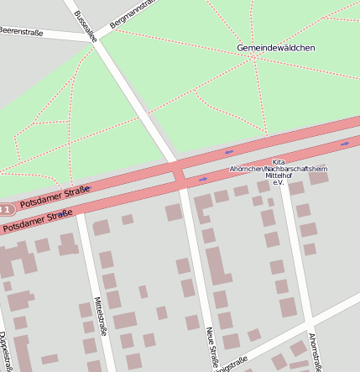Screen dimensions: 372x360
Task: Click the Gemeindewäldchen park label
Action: (x=275, y=48)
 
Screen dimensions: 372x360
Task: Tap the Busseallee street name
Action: (x=85, y=26)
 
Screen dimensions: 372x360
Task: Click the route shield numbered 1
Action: (x=5, y=208)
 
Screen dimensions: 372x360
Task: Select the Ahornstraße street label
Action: (x=315, y=349)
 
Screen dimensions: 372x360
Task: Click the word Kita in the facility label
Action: (x=279, y=162)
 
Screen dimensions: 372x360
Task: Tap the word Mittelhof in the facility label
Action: (x=279, y=176)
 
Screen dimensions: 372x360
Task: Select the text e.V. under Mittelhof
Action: (x=279, y=182)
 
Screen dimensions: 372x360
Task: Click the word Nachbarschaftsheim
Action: (x=295, y=169)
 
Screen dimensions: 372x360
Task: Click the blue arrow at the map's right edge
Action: (x=345, y=144)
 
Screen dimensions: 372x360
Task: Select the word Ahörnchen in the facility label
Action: (x=246, y=169)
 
